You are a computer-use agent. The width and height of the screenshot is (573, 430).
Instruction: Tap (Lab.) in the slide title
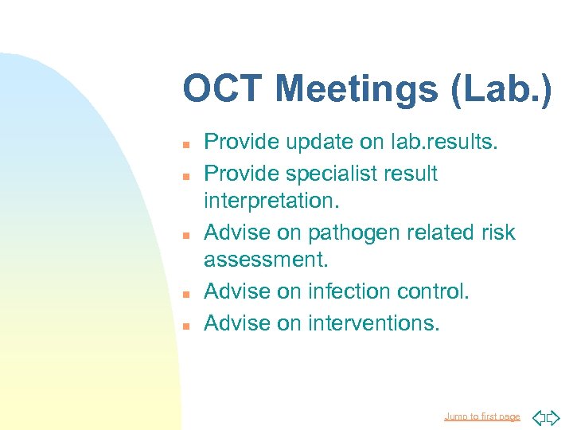point(500,89)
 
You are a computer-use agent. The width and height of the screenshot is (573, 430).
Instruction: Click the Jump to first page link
point(481,416)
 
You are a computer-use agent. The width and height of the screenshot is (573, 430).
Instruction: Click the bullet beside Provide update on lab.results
point(184,145)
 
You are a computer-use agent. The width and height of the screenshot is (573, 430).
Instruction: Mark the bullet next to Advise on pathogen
point(184,235)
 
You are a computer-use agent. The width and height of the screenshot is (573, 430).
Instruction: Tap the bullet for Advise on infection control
point(184,294)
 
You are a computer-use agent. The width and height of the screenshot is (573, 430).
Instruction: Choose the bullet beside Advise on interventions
point(184,324)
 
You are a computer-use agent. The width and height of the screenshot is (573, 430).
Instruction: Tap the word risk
point(498,233)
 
